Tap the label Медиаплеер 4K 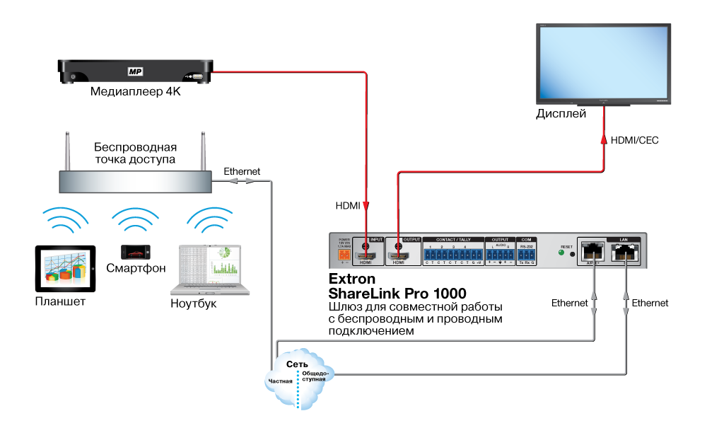(x=134, y=92)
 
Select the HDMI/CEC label (x=635, y=141)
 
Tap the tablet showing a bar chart (x=65, y=268)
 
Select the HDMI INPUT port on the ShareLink (x=368, y=255)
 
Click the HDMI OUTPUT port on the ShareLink (x=399, y=255)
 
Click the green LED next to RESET (x=561, y=253)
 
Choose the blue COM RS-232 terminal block (x=527, y=254)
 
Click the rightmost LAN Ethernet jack (x=625, y=251)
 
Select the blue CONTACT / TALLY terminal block (x=453, y=254)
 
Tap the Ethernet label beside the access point (x=242, y=171)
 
